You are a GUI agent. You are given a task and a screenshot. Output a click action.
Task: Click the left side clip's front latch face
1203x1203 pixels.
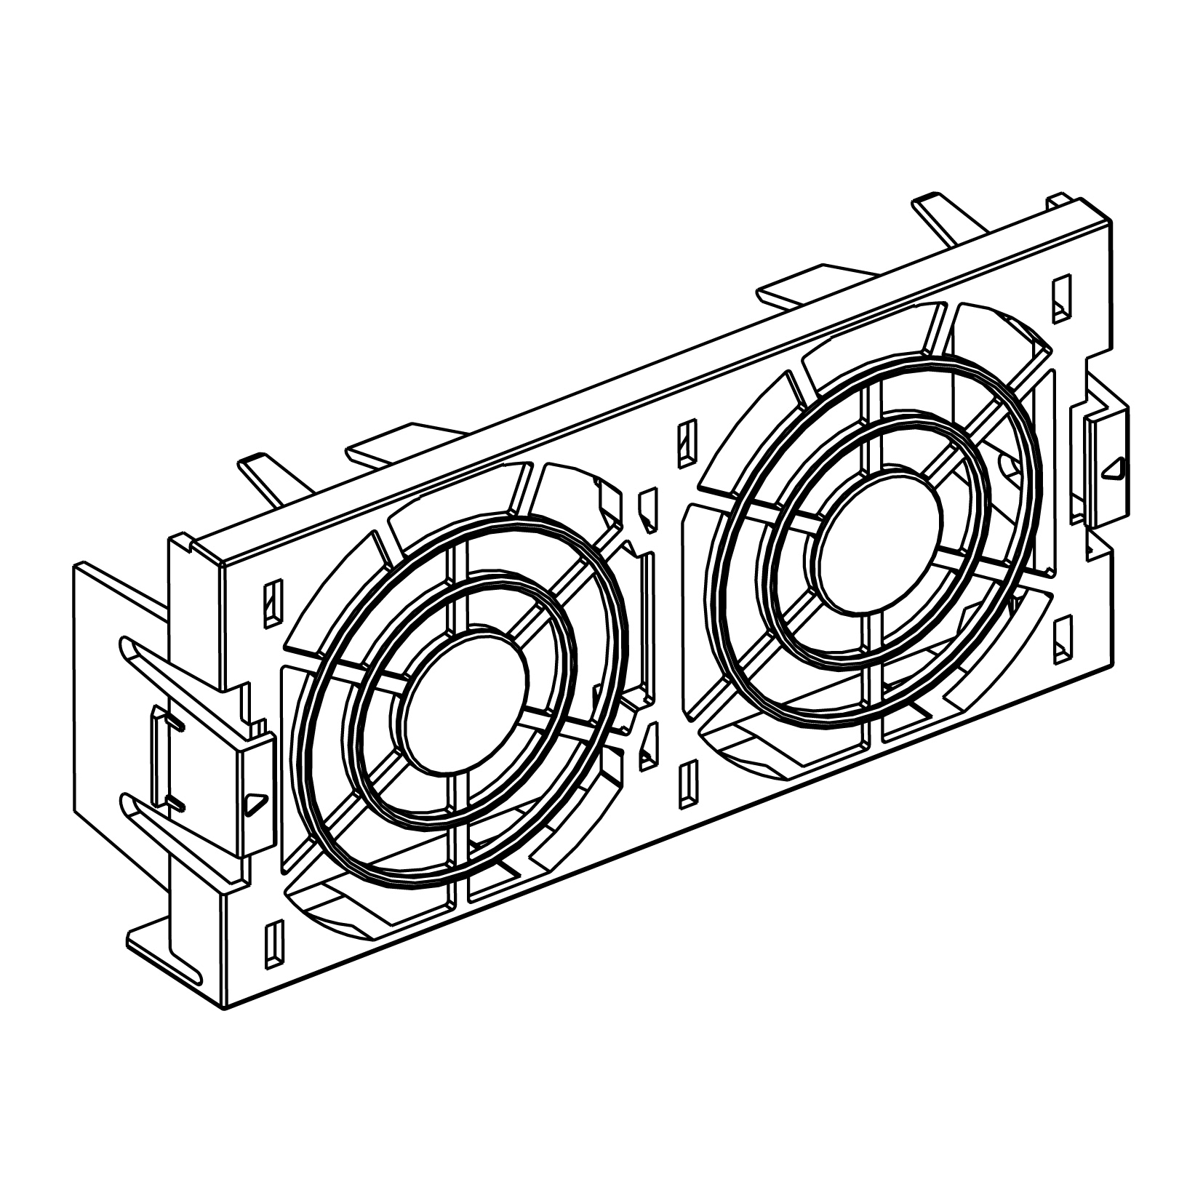[x=255, y=793]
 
